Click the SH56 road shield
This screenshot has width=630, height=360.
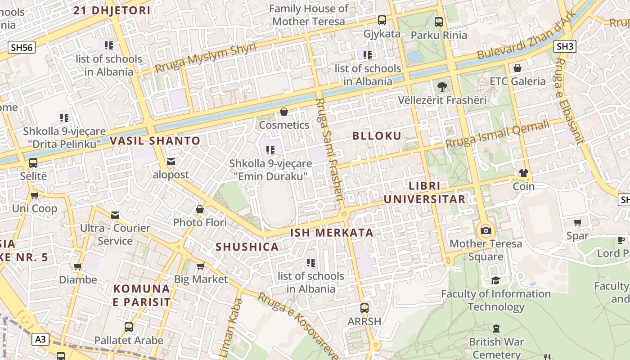click(x=21, y=47)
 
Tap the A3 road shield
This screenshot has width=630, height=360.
click(x=40, y=339)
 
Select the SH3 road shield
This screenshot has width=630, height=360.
click(x=565, y=46)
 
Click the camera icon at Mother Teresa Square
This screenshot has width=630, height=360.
click(x=486, y=231)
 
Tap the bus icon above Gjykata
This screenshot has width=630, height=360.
click(x=382, y=20)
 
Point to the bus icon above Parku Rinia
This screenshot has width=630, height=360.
click(x=439, y=21)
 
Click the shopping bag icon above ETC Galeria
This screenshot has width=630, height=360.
click(x=517, y=68)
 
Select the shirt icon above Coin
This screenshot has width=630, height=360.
click(x=523, y=173)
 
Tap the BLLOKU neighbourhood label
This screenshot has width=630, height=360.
click(x=377, y=136)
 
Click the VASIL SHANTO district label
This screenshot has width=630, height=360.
click(x=155, y=141)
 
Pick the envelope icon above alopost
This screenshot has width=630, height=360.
click(x=171, y=162)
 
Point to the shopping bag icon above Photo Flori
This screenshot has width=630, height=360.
click(x=200, y=209)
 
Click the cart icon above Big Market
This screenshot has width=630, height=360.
click(x=201, y=266)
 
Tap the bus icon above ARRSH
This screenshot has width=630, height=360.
click(x=364, y=308)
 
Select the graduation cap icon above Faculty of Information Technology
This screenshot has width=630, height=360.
click(x=495, y=281)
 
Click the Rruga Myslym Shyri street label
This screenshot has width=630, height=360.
click(x=205, y=58)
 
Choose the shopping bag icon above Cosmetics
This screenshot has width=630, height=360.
click(x=284, y=112)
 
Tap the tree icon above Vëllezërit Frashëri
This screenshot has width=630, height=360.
click(x=442, y=87)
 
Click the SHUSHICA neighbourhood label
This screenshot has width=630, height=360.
click(x=247, y=247)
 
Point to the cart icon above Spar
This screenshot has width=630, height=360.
click(x=578, y=222)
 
